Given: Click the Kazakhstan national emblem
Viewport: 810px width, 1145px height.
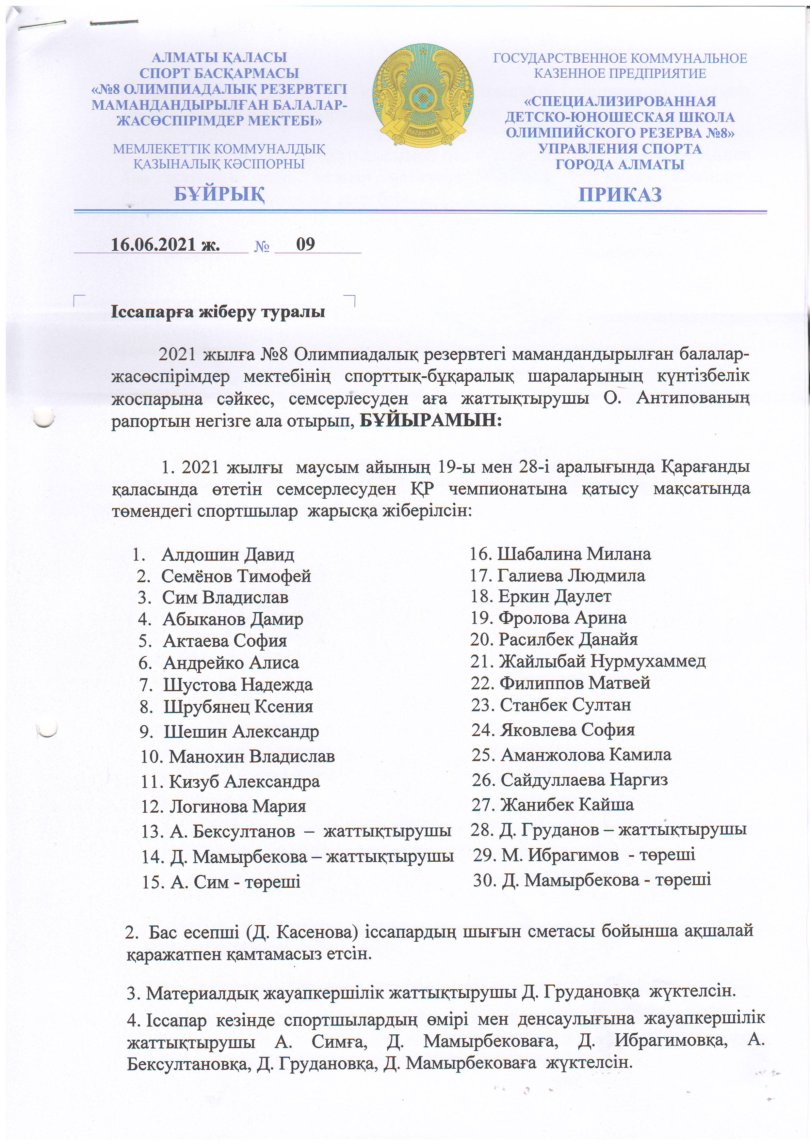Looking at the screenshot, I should pyautogui.click(x=422, y=96).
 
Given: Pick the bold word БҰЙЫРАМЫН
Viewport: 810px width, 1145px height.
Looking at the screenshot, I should pyautogui.click(x=430, y=420).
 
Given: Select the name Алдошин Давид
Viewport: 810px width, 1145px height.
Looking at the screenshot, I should pyautogui.click(x=228, y=555).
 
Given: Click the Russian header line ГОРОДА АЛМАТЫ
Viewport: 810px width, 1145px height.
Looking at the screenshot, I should pyautogui.click(x=620, y=164).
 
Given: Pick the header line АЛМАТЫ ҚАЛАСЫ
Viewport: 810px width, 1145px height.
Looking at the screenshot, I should pyautogui.click(x=219, y=58).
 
